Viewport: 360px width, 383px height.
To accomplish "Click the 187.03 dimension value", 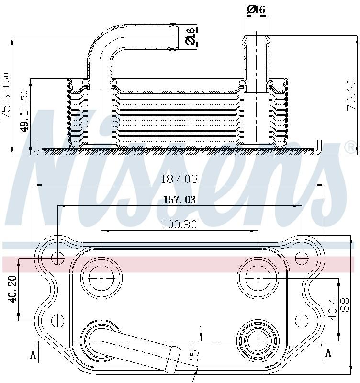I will click(179, 179).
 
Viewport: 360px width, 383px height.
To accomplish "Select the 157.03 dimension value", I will click(180, 200).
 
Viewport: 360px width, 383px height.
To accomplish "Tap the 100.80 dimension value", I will click(180, 224).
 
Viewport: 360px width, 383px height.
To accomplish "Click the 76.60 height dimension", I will click(350, 96).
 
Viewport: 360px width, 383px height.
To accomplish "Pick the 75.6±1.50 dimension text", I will click(6, 95).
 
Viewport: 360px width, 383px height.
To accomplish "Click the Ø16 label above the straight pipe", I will click(256, 9).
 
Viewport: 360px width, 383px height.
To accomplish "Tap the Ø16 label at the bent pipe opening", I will click(191, 37).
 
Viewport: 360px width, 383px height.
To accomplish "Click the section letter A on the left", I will click(33, 354).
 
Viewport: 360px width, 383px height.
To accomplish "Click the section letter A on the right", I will click(328, 353).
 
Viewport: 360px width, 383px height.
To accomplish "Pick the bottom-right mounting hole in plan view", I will click(301, 320).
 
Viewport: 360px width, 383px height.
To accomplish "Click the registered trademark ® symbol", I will click(350, 147).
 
